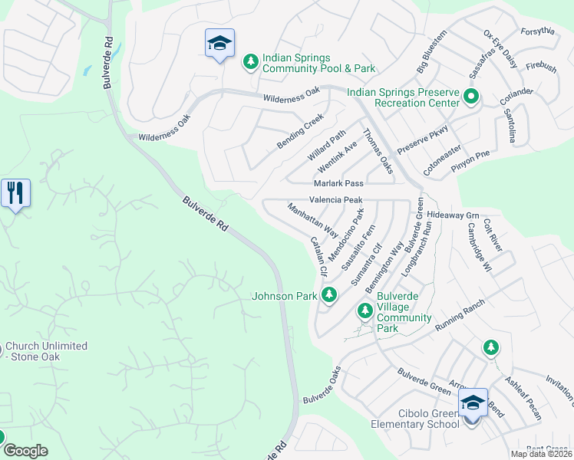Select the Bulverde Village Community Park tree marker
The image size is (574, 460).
pyautogui.click(x=365, y=310)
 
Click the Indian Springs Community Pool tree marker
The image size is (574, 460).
pyautogui.click(x=250, y=61)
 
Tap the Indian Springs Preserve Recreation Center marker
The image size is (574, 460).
pyautogui.click(x=471, y=97)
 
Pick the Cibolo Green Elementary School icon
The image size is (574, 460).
pyautogui.click(x=473, y=402)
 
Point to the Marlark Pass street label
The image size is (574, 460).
pyautogui.click(x=338, y=184)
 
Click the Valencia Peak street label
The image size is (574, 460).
pyautogui.click(x=335, y=199)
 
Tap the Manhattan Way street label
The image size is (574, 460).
pyautogui.click(x=313, y=219)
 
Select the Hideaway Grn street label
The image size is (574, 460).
pyautogui.click(x=453, y=215)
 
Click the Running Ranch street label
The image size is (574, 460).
pyautogui.click(x=461, y=316)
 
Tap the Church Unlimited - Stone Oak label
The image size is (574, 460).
pyautogui.click(x=46, y=351)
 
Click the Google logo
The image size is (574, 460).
pyautogui.click(x=25, y=451)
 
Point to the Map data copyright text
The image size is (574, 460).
pyautogui.click(x=540, y=454)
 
